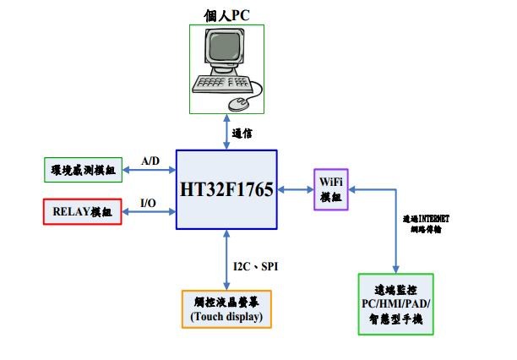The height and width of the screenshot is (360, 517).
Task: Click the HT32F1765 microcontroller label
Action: pos(226,190)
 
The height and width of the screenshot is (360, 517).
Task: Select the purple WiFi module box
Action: pos(330,189)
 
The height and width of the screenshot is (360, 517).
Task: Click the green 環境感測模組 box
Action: pos(82,169)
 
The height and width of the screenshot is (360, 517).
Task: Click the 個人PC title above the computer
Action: pos(226,14)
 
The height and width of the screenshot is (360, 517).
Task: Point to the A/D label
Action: pos(150,161)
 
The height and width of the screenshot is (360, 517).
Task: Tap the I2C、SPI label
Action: pos(256,266)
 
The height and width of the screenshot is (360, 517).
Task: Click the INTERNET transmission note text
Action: pos(426,223)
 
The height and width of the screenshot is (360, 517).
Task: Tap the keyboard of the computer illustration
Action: pos(223,84)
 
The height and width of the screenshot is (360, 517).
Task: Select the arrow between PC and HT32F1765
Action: pos(226,131)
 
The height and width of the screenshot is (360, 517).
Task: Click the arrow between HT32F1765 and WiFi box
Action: pos(295,189)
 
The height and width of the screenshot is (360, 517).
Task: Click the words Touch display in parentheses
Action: pos(226,317)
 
